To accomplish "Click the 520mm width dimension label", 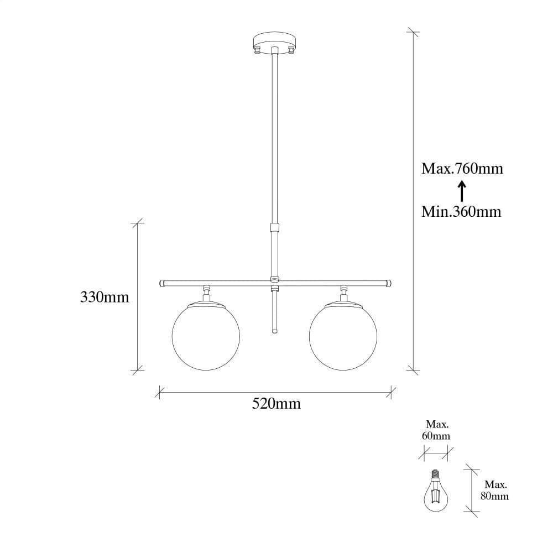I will coord(276,404).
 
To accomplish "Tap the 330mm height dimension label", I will coord(105,298).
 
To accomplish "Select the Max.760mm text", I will coord(462,168).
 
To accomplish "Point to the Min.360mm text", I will coord(461,211).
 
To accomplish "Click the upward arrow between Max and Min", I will coord(462,191).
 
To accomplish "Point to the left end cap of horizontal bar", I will coord(162,283).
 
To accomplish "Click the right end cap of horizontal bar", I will coord(388,283).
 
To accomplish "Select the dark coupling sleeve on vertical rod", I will coord(274,227).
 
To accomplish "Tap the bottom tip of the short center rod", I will coord(274,331).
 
